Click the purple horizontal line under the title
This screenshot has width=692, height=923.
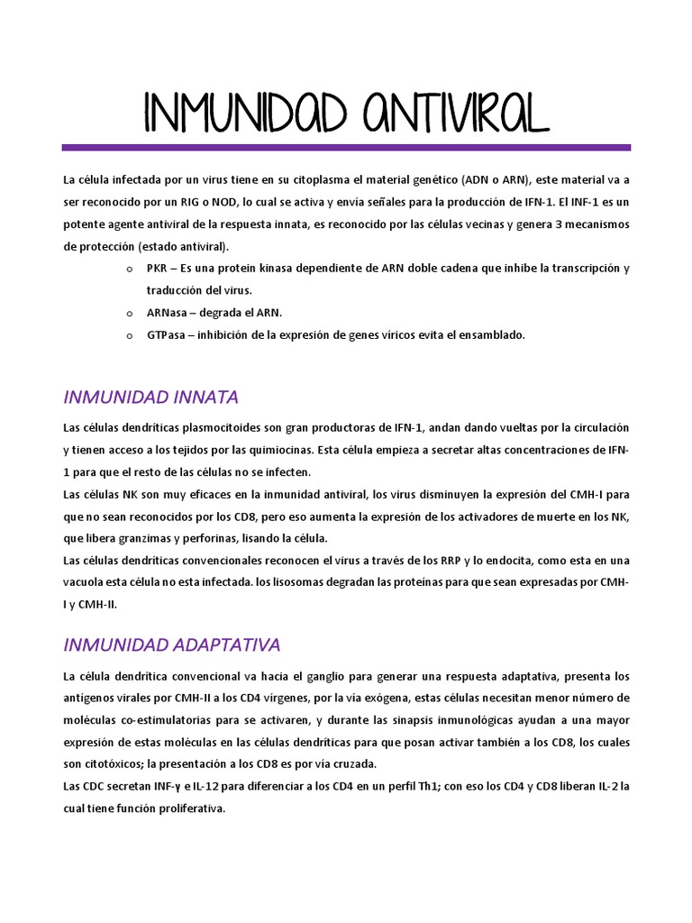[346, 147]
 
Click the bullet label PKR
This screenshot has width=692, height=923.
[157, 269]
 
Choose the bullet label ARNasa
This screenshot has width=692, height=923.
[167, 312]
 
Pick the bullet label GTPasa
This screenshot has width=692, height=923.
[167, 334]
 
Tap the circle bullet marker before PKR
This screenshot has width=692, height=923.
[128, 269]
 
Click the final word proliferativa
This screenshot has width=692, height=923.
[186, 809]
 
